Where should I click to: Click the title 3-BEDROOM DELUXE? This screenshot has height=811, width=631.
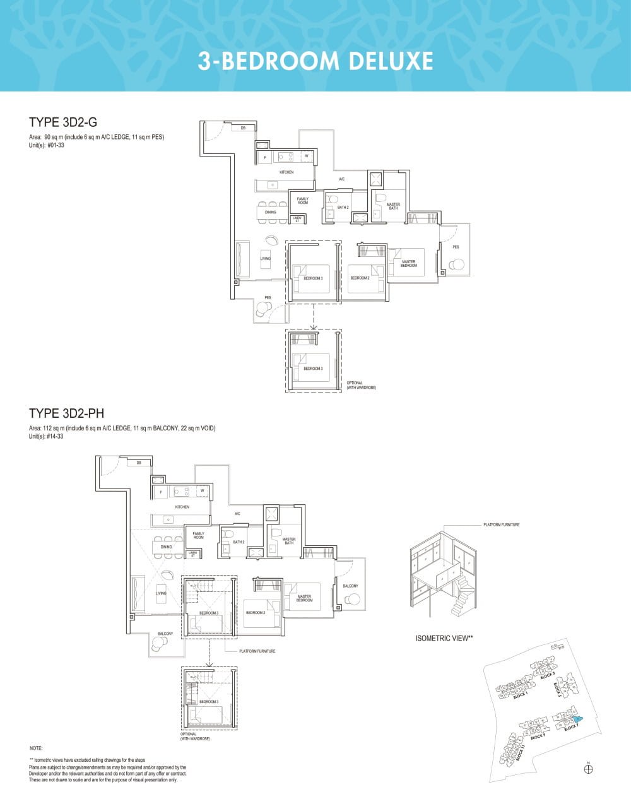tap(315, 61)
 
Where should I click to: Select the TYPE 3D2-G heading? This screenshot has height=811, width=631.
tap(63, 122)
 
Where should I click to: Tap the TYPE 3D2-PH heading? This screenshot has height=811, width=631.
tap(67, 413)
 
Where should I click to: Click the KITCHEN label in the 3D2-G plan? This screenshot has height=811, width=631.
tap(286, 172)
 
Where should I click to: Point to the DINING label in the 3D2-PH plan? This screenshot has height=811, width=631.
tap(166, 547)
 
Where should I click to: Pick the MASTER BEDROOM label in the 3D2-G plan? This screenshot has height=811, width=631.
tap(408, 263)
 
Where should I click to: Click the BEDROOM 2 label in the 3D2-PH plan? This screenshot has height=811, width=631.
tap(256, 613)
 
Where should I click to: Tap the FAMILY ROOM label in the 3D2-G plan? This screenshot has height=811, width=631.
tap(303, 201)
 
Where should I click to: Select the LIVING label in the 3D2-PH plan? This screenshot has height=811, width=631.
tap(161, 593)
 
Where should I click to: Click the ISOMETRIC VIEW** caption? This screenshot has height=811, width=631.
tap(444, 638)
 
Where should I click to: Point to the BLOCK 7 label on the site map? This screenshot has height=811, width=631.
tap(570, 728)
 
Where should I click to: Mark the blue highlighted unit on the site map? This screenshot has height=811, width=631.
tap(577, 719)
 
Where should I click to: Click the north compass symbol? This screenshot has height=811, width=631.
tap(588, 769)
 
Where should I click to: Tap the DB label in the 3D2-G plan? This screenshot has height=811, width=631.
tap(243, 128)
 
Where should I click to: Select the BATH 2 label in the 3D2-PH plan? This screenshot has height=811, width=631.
tap(239, 542)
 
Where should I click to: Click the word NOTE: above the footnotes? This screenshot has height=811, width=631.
tap(36, 748)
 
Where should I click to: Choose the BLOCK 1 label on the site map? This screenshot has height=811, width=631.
tap(520, 696)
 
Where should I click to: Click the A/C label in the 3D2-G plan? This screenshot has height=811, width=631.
tap(341, 179)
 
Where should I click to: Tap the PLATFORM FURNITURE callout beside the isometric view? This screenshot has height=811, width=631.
tap(502, 525)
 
